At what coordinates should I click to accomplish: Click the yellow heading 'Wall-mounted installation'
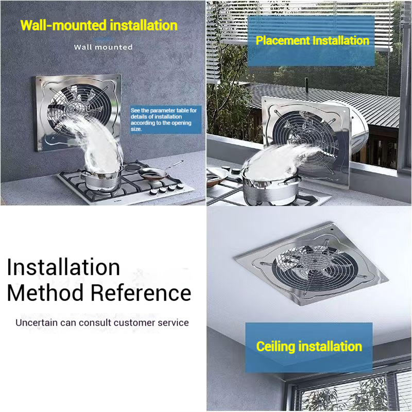point(99,25)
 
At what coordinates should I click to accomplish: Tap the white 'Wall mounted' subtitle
point(104,47)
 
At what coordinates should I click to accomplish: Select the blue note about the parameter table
point(166,119)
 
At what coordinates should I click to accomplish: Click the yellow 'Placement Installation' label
point(313,41)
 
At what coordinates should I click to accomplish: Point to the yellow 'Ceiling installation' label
point(309,346)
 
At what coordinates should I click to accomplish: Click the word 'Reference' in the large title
point(141,293)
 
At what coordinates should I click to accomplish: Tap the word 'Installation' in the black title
point(63,267)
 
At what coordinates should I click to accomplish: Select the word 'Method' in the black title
point(45,293)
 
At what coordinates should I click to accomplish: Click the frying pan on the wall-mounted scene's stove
point(153,174)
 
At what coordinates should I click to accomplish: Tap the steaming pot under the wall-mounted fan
point(102,179)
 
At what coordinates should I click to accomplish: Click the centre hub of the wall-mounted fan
point(74,108)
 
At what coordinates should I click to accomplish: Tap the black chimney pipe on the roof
point(306,85)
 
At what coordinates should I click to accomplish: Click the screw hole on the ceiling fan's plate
point(332,229)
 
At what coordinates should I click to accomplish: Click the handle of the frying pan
point(174,164)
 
